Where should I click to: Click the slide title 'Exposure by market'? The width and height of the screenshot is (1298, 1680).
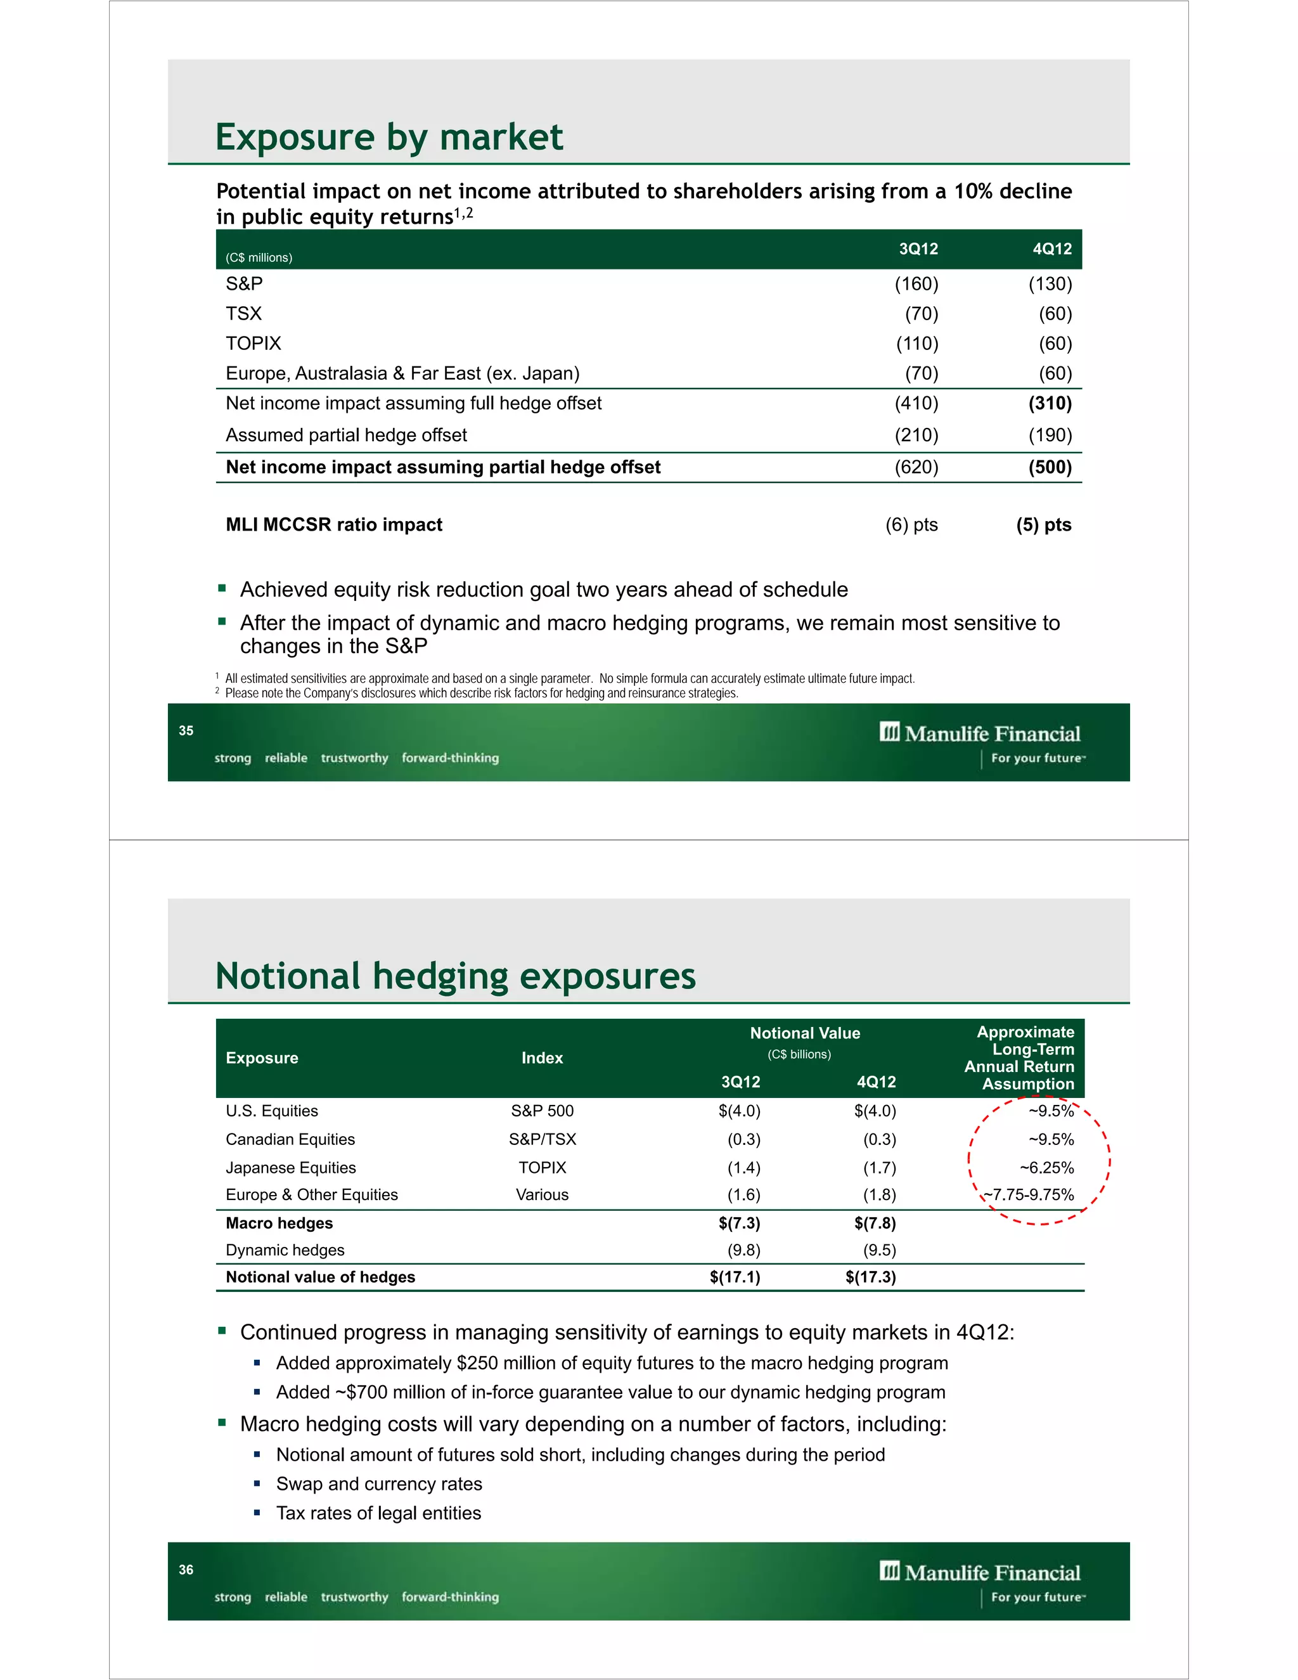pos(389,137)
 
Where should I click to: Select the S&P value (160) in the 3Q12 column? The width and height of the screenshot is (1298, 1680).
pos(916,284)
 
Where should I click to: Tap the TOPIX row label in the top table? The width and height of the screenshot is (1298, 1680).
pos(253,343)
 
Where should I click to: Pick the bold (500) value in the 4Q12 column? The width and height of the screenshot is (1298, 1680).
pos(1050,467)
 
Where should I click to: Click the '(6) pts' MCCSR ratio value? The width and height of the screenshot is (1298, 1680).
pos(911,525)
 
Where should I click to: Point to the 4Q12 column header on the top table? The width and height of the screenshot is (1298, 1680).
pos(1051,249)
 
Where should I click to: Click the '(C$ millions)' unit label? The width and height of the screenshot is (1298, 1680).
pos(259,257)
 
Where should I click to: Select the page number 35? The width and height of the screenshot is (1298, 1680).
pos(186,731)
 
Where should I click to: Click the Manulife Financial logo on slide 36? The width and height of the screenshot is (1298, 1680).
pos(980,1573)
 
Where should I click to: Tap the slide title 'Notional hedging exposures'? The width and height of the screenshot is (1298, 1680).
pos(455,976)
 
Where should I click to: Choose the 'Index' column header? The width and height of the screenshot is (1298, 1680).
pos(541,1057)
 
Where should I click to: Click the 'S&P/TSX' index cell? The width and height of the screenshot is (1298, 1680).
pos(541,1139)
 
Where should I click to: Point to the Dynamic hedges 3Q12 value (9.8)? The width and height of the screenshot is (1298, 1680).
pos(743,1250)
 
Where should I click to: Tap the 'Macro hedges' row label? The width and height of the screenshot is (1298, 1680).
pos(279,1223)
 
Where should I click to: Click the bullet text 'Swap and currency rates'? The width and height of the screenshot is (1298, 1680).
pos(379,1484)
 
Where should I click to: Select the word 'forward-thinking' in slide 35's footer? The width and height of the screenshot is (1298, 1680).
pos(450,758)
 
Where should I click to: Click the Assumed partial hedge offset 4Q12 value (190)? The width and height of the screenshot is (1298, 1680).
pos(1050,436)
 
